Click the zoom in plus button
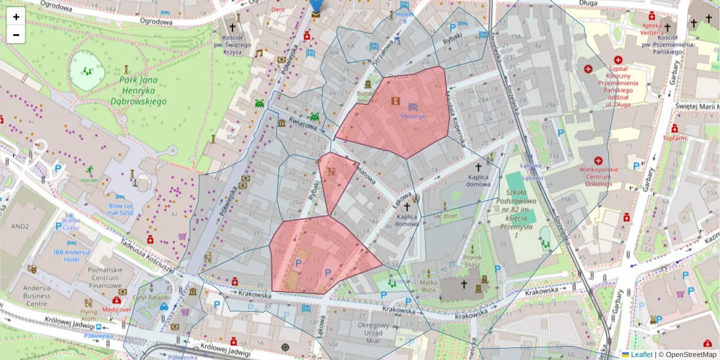coord(16,17)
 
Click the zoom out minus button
coord(16,35)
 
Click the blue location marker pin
coord(316,7)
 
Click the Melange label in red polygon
coord(413,116)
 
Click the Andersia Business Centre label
coord(29,295)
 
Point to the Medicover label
coord(116,310)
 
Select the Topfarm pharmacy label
coord(674,138)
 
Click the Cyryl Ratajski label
coord(152,297)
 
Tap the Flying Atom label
coord(89,315)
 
